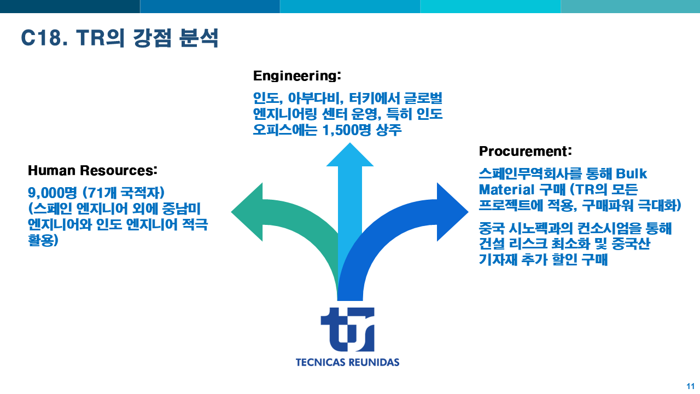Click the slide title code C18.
44,38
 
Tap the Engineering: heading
297,76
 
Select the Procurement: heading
526,152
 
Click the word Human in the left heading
51,170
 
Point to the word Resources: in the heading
119,170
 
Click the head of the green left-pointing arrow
247,212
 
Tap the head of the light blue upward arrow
350,154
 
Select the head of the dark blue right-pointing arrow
452,212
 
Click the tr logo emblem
347,329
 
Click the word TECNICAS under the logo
320,362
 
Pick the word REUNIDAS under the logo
374,362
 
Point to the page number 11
690,386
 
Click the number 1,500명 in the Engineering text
346,130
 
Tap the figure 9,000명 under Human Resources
52,193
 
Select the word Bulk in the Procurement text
631,174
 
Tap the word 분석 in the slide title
199,38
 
